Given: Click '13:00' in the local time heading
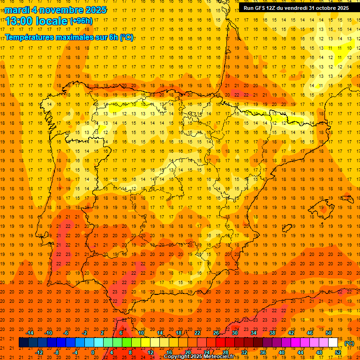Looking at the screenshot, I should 18,21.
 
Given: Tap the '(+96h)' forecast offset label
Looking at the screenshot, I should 81,21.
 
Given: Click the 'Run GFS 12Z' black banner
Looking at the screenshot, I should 296,8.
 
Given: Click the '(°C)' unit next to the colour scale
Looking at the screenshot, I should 349,343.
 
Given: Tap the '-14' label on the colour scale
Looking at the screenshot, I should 30,333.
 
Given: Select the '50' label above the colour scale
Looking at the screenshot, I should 329,333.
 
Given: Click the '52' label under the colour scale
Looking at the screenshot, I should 338,352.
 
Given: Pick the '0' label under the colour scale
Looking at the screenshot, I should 93,352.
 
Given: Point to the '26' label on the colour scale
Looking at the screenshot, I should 216,333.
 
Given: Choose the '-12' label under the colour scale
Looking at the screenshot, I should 39,352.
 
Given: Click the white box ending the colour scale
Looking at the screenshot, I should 333,343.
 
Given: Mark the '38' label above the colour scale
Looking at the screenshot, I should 272,333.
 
